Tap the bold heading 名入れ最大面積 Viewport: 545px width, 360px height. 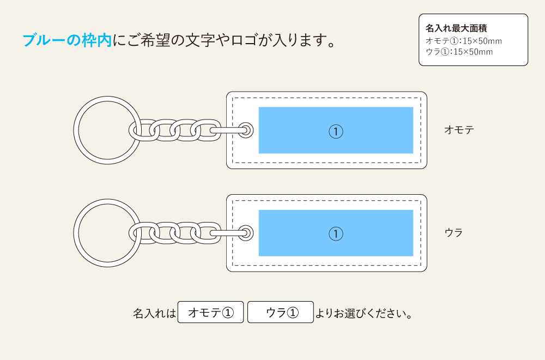pos(456,28)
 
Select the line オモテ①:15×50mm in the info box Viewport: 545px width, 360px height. pos(463,41)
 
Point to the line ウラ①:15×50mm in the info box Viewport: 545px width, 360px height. pos(459,52)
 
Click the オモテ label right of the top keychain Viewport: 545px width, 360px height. pos(459,130)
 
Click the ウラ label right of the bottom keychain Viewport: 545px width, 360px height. pos(453,232)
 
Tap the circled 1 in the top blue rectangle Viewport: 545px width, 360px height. pos(336,131)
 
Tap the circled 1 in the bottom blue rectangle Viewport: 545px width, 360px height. pos(336,233)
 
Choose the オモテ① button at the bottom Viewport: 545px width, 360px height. pos(210,313)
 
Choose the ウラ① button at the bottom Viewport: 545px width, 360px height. pos(281,313)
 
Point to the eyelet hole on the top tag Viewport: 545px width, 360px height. pos(246,130)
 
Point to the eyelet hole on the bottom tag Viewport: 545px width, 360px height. pos(246,233)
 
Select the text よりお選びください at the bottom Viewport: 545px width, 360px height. pos(363,314)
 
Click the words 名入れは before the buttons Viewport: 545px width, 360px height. pos(155,314)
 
